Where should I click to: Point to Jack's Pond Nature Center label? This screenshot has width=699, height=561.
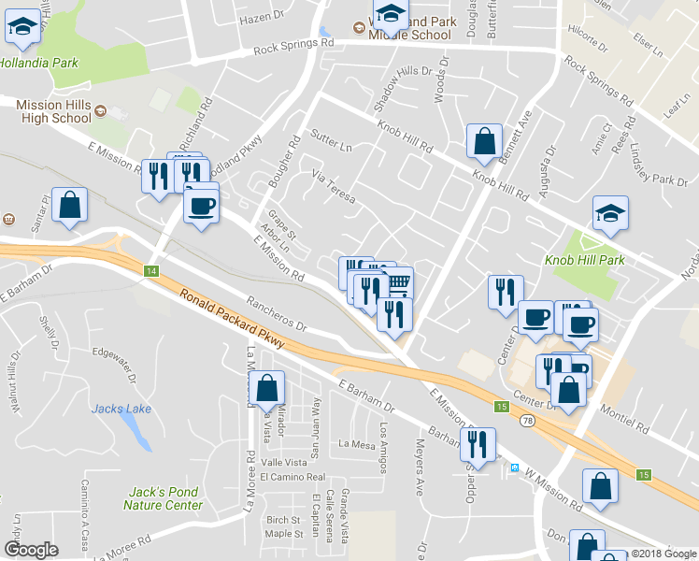click(163, 498)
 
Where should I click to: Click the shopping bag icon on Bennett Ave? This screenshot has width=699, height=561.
click(484, 141)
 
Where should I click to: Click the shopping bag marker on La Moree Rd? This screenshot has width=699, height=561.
click(266, 390)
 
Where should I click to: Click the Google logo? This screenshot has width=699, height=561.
click(32, 550)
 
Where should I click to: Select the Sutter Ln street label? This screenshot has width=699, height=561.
click(331, 141)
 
